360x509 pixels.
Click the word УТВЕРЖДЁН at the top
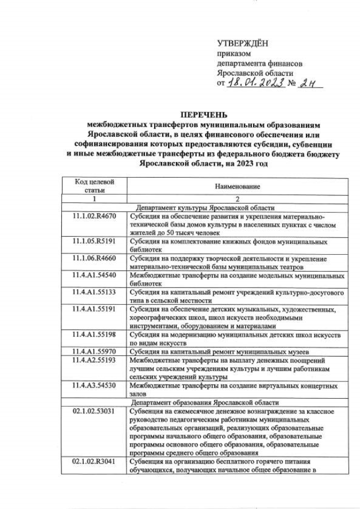tap(242, 43)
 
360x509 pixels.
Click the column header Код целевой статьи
tap(94, 186)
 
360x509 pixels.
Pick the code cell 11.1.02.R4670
tap(94, 216)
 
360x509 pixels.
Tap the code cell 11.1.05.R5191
tap(94, 241)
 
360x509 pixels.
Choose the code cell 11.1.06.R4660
tap(94, 258)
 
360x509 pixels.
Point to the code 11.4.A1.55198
tap(94, 334)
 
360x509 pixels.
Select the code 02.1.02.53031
tap(94, 411)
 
